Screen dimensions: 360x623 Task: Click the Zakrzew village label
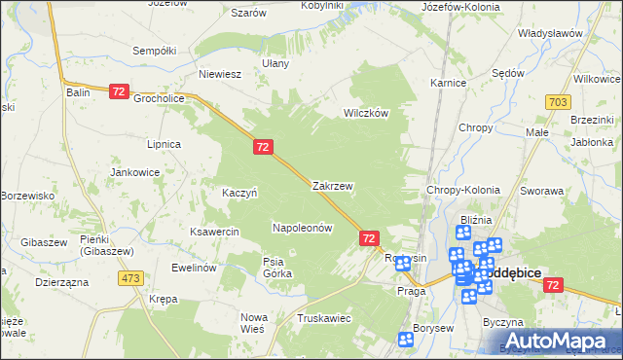[x=332, y=185]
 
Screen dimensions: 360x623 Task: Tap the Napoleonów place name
[x=303, y=228]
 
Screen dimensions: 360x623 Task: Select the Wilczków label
[x=366, y=113]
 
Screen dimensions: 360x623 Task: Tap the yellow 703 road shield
[x=557, y=101]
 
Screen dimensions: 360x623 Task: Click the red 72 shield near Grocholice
[x=119, y=90]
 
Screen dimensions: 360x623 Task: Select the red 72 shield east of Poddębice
[x=553, y=284]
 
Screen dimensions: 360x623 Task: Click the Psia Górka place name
[x=277, y=267]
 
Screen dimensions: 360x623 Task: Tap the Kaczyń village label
[x=239, y=193]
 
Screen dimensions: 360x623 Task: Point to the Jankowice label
[x=135, y=172]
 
